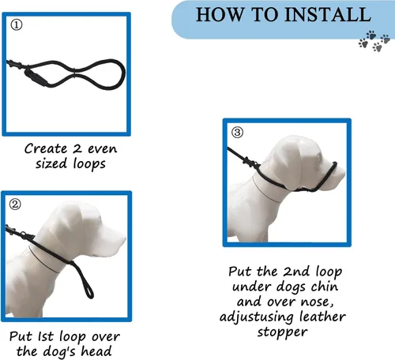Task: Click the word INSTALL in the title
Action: click(328, 14)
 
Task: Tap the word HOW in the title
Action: click(219, 14)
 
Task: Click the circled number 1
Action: click(17, 25)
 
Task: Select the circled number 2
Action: click(15, 204)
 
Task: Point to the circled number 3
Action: click(237, 132)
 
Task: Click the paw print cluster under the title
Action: click(374, 41)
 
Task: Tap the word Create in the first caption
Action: click(46, 148)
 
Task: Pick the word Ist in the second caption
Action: click(46, 336)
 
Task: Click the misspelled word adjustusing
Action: click(256, 317)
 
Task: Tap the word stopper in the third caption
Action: click(282, 332)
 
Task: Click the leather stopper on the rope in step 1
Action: click(36, 77)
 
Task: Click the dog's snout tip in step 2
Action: click(123, 240)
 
